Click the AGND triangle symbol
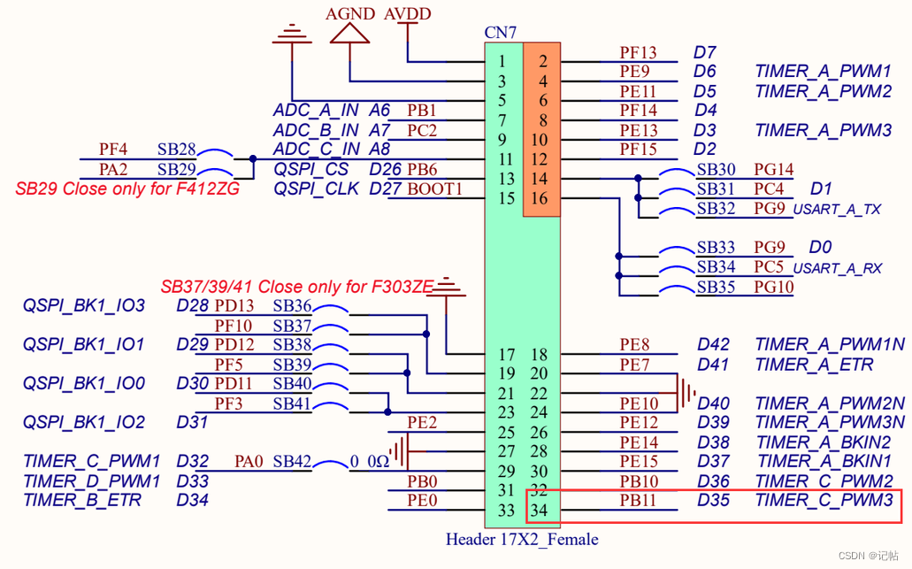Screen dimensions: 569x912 tap(349, 33)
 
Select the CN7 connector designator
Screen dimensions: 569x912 tap(501, 33)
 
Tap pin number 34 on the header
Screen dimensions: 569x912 tap(538, 510)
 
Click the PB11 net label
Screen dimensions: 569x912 tap(638, 501)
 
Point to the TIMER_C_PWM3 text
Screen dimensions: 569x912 tap(825, 501)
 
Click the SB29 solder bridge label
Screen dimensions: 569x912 tap(176, 168)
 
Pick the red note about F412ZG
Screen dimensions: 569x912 tap(127, 188)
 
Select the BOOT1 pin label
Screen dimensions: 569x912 tap(434, 188)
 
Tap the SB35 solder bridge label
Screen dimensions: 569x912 tap(716, 287)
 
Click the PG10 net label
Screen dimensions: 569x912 tap(773, 287)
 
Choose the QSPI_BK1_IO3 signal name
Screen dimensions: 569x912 tap(84, 306)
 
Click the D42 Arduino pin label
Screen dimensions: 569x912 tap(713, 344)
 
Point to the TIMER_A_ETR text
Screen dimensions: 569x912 tap(814, 365)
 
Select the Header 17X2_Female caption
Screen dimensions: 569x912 tap(522, 539)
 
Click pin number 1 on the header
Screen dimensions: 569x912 tap(502, 61)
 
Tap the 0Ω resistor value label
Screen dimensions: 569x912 tap(379, 462)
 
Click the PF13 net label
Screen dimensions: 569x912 tap(638, 52)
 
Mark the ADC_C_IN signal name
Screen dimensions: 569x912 tap(316, 150)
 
